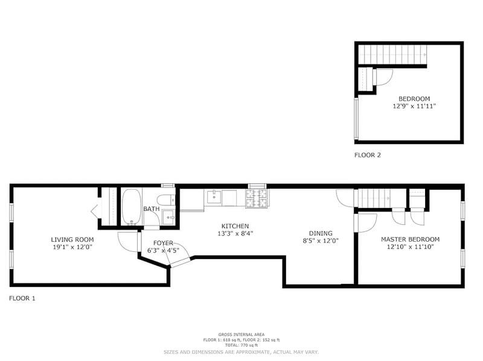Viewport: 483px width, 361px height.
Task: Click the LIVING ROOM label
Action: coord(72,239)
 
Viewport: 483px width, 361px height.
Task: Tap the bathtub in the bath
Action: coord(132,207)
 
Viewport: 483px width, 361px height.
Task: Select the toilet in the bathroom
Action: coord(165,199)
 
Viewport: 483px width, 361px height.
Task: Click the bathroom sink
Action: coord(168,217)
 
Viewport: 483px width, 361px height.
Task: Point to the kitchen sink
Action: coord(214,196)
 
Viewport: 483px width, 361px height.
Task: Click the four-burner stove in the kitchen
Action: coord(256,198)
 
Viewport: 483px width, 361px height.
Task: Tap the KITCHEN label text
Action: coord(235,227)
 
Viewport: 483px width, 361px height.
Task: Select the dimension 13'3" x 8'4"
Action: coord(235,234)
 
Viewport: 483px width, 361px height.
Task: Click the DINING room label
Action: coord(321,233)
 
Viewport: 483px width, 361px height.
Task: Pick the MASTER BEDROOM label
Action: coord(411,239)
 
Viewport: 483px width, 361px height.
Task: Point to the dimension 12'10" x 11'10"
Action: coord(411,246)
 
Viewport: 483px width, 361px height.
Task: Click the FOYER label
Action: coord(163,243)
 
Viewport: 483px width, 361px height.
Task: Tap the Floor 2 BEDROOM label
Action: coord(414,99)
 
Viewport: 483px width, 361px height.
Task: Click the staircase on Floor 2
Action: coord(393,54)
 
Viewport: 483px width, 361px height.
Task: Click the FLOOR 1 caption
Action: coord(22,298)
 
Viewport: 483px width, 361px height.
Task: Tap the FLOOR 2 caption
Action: coord(368,155)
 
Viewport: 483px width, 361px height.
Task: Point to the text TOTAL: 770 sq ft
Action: coord(241,345)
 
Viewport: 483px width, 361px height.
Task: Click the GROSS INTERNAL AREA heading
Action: coord(241,334)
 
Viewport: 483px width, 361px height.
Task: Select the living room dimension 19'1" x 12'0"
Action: coord(72,247)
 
